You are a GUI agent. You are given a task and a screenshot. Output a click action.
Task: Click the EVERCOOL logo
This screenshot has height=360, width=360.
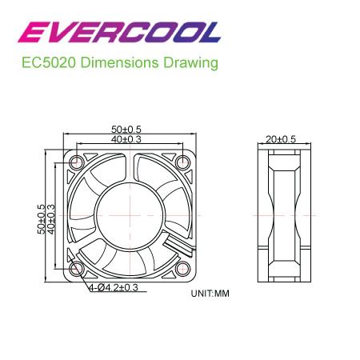pos(119,32)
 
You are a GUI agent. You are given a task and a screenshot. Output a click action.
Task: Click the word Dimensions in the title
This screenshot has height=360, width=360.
pos(119,62)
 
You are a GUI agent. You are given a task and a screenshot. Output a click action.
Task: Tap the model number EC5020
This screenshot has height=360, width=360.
pos(49,62)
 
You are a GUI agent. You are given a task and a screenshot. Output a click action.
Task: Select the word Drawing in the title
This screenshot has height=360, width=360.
pos(190,63)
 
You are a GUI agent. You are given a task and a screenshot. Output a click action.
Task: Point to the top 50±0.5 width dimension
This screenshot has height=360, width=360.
pos(126,130)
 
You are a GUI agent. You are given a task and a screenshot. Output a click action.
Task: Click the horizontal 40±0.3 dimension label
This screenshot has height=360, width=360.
pos(126,139)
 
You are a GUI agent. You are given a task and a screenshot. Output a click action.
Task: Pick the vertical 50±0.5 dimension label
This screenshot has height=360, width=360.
pos(42,219)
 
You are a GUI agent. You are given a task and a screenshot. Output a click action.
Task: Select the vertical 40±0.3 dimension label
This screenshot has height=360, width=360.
pos(51,219)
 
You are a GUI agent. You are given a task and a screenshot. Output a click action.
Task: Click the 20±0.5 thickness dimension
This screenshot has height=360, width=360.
pos(281,139)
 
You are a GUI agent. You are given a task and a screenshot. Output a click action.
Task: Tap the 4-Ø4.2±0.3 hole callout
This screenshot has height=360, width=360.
pos(114,287)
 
